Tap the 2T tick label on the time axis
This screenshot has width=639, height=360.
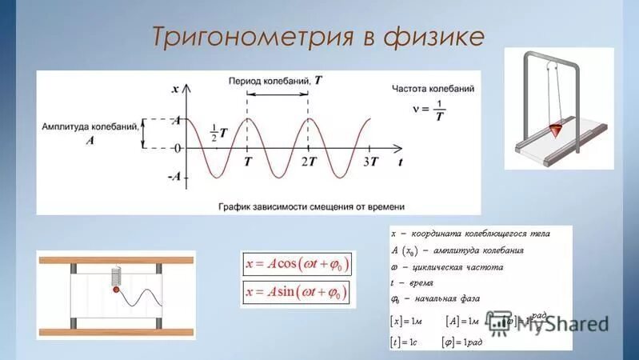point(309,162)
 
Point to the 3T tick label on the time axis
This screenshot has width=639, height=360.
point(369,162)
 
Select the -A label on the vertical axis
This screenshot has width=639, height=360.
point(174,178)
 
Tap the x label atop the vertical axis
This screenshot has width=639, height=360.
point(174,88)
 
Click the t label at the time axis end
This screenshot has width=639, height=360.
point(398,162)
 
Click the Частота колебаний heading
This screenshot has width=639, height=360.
point(434,88)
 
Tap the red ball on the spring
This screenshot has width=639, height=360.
point(116,290)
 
